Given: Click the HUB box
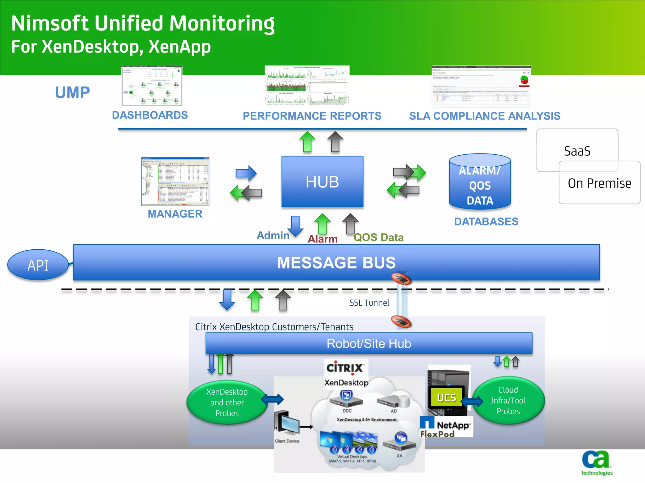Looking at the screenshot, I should click(322, 182).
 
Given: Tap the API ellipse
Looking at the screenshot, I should click(38, 265).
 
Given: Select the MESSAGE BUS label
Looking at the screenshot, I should click(336, 263).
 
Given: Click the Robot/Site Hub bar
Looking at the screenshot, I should click(368, 343).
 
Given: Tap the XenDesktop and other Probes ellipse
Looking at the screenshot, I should click(227, 402).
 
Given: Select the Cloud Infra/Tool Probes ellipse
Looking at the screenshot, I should click(508, 400).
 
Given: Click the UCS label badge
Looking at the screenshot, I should click(446, 398).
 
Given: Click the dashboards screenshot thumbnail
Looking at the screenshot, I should click(152, 86).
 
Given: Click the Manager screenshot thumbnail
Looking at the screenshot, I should click(175, 181).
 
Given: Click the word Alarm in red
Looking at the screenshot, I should click(322, 239).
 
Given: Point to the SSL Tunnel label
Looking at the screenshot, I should click(369, 303).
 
